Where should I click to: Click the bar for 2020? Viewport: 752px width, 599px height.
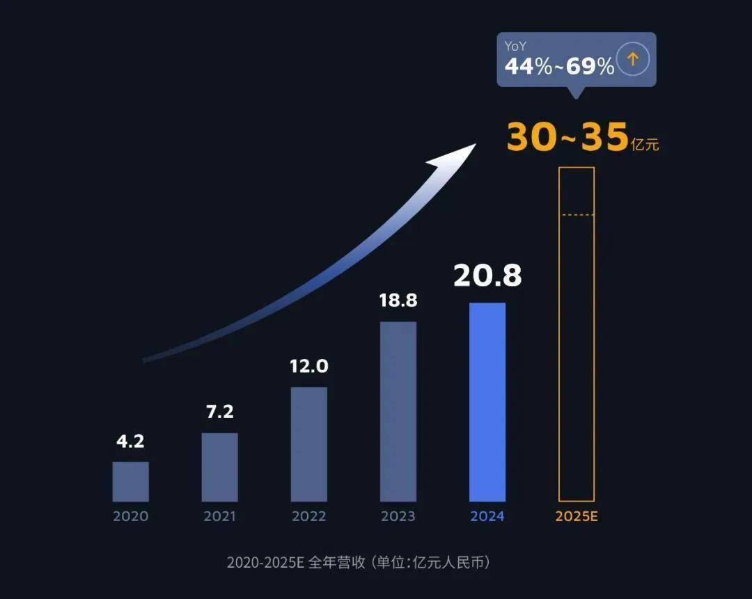click(x=130, y=481)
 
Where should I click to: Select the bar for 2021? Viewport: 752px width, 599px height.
click(x=219, y=467)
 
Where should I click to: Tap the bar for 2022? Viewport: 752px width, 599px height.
click(x=308, y=444)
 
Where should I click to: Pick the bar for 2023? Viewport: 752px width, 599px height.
click(x=398, y=411)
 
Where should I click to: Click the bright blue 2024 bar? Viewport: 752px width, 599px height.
click(x=487, y=402)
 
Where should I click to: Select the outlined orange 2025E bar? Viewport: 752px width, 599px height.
click(x=577, y=334)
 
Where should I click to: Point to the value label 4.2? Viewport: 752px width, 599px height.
click(x=130, y=441)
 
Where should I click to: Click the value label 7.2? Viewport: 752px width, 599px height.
click(x=219, y=412)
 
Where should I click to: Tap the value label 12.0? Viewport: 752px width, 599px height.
click(x=308, y=366)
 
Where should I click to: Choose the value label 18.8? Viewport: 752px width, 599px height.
click(x=398, y=301)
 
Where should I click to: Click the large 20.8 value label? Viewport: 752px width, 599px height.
click(x=487, y=276)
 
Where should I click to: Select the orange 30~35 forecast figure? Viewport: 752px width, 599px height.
click(x=567, y=138)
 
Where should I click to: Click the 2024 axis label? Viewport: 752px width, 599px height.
click(x=487, y=516)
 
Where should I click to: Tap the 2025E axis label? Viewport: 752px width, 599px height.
click(x=577, y=516)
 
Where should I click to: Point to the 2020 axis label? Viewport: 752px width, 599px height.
click(x=130, y=516)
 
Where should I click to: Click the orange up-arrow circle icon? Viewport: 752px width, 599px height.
click(x=633, y=60)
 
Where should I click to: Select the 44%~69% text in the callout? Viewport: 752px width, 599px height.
click(x=559, y=66)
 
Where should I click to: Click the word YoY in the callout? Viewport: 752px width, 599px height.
click(x=516, y=47)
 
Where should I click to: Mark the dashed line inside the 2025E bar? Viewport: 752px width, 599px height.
click(x=577, y=215)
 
